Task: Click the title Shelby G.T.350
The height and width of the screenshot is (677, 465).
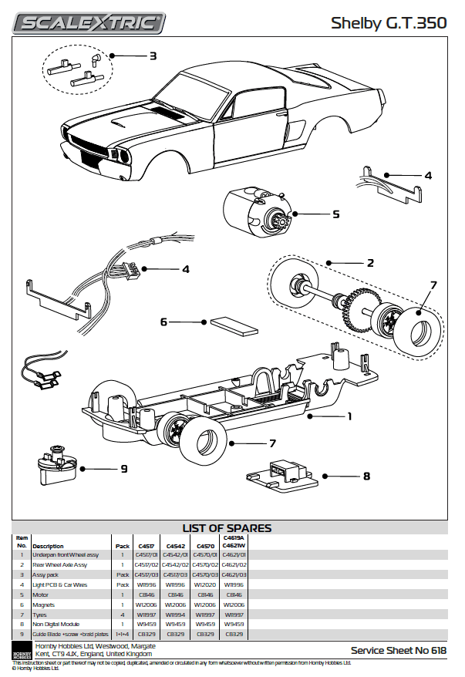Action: (389, 24)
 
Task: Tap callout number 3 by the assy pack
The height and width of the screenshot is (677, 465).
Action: (153, 56)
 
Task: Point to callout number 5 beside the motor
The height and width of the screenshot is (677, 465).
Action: (336, 214)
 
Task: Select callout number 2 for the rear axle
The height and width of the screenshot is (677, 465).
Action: (370, 263)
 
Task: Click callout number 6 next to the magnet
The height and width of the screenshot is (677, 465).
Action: (163, 322)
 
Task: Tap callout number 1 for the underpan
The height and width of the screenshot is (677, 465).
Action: (349, 416)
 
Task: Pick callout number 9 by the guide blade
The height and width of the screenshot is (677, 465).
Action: (123, 468)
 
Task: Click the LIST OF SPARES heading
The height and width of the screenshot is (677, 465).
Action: (227, 528)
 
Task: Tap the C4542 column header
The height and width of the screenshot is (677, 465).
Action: (175, 545)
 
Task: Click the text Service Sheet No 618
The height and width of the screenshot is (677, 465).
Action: (398, 651)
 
